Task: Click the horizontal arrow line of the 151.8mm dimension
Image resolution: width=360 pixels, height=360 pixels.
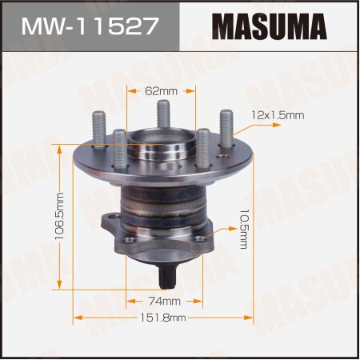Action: click(120, 318)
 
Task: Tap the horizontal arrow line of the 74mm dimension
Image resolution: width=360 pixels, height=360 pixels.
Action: click(136, 301)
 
